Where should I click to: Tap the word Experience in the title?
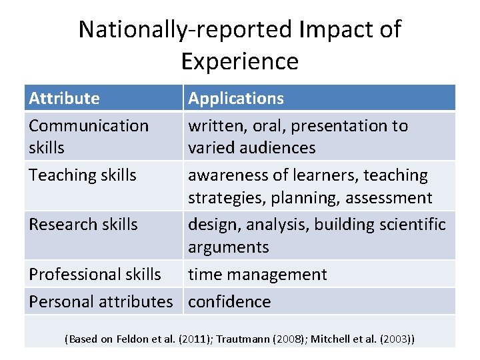point(239,61)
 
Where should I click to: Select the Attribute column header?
point(64,99)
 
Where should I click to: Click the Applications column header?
point(236,99)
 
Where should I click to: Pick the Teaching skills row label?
point(82,175)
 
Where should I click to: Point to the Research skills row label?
point(83,225)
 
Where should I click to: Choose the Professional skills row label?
point(95,274)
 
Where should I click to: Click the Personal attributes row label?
point(101,301)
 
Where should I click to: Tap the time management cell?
point(257,274)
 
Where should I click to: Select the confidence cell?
point(229,301)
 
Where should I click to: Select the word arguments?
point(228,247)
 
